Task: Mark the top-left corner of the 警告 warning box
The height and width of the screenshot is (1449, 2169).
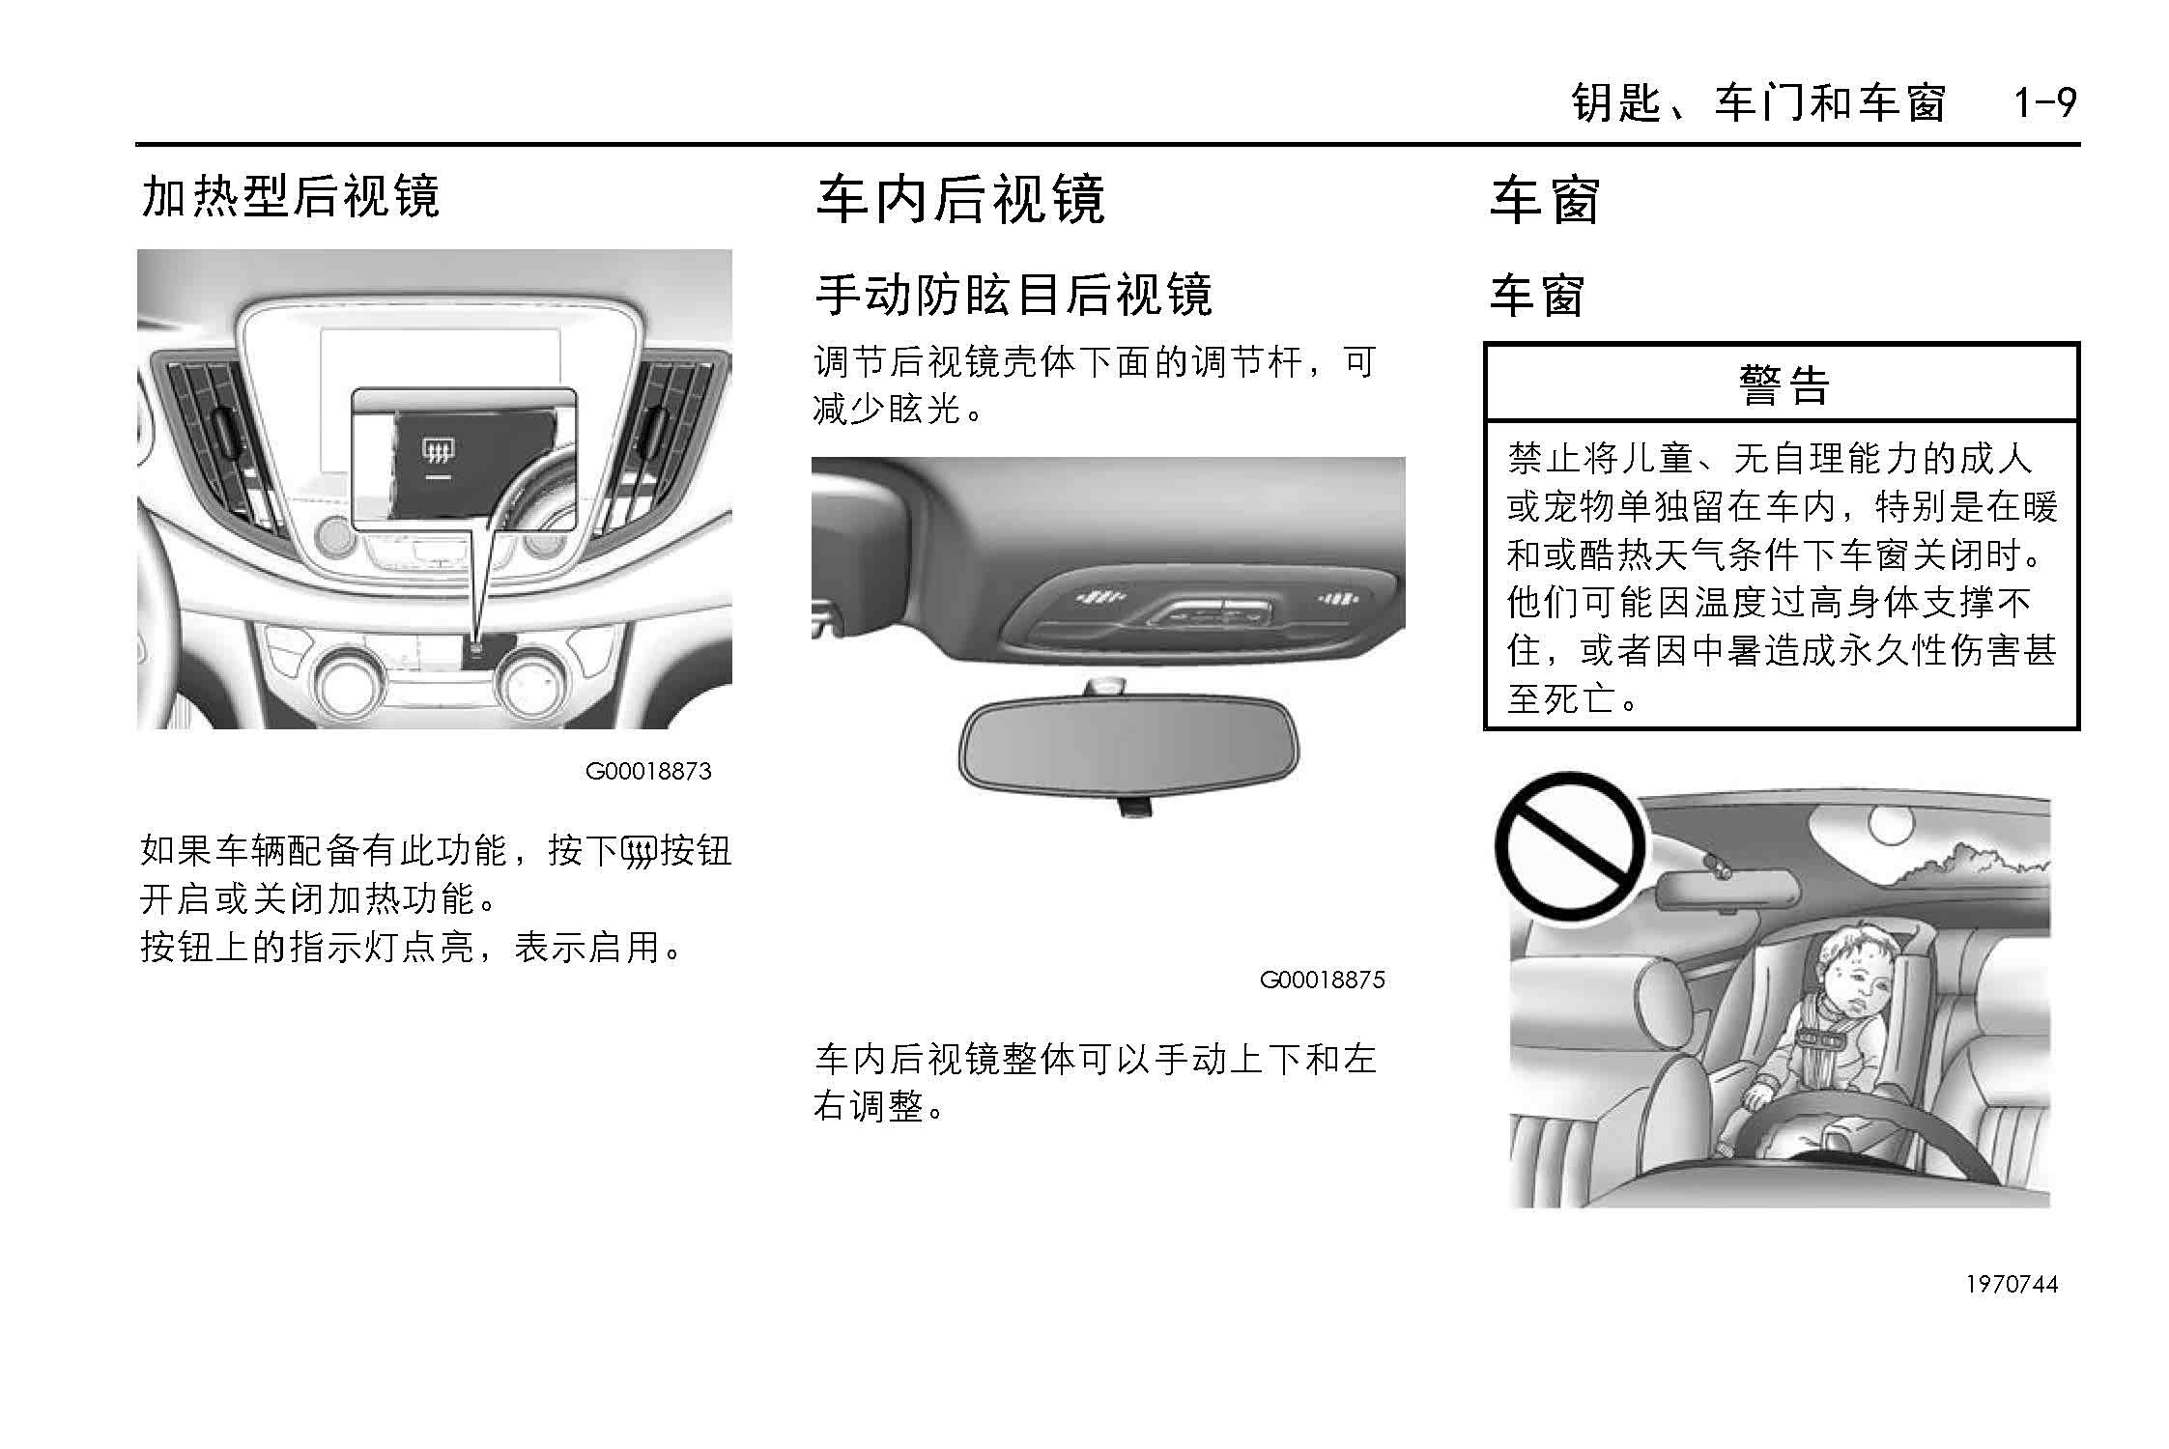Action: (x=1485, y=343)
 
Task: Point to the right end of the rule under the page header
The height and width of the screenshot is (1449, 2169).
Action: (x=2080, y=145)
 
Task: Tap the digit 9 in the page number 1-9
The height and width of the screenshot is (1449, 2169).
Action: (x=2064, y=102)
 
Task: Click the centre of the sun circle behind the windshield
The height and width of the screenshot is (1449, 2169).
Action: (x=1890, y=823)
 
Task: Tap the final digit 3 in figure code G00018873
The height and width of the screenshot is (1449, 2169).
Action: (x=705, y=771)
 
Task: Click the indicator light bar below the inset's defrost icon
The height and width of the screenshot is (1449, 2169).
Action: (x=439, y=477)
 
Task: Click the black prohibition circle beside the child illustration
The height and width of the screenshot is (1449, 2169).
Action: (x=1570, y=845)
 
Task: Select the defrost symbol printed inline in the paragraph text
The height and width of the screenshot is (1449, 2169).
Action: (x=638, y=852)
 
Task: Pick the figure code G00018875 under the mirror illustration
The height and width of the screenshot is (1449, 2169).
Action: (x=1322, y=980)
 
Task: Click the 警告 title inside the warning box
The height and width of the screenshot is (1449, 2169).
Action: (x=1783, y=384)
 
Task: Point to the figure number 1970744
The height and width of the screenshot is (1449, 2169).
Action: (x=2012, y=1284)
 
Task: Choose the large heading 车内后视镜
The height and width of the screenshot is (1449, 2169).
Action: (x=960, y=200)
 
